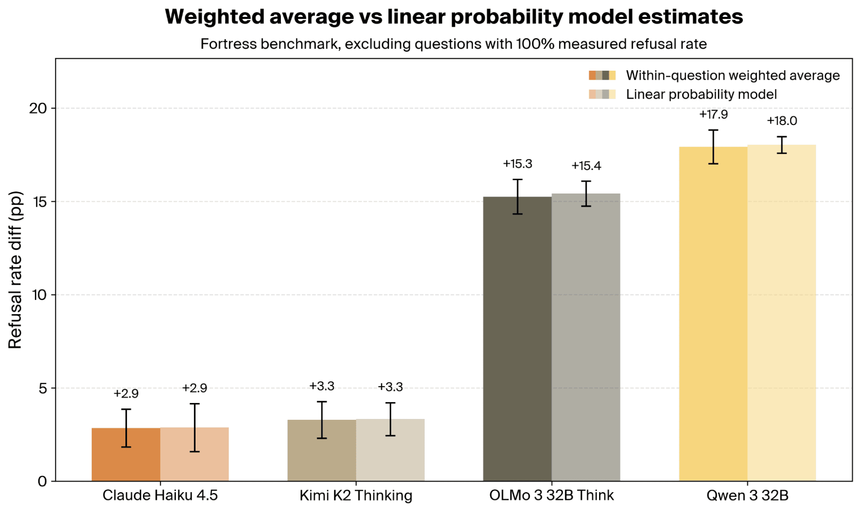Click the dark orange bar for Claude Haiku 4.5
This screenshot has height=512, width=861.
point(126,454)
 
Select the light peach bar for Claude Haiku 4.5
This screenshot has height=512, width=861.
point(194,454)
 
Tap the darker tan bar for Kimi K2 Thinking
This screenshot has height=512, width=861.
point(322,450)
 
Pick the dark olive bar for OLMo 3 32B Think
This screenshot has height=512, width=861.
point(517,339)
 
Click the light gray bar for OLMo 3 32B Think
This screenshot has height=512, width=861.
point(586,337)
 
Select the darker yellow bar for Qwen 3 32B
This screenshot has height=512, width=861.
point(713,314)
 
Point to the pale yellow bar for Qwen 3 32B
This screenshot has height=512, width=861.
point(782,313)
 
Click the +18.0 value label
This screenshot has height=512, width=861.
point(782,121)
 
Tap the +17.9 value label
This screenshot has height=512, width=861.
point(713,114)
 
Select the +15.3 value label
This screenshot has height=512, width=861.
point(517,164)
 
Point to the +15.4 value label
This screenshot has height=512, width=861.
point(586,166)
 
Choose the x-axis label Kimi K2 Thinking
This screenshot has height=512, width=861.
point(356,496)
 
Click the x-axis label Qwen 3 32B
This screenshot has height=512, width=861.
point(748,496)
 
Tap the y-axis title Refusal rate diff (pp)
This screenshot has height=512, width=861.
point(15,270)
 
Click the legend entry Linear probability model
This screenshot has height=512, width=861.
point(701,94)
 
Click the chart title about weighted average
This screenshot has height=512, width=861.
point(454,17)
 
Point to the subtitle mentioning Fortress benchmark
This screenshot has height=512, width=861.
point(454,44)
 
